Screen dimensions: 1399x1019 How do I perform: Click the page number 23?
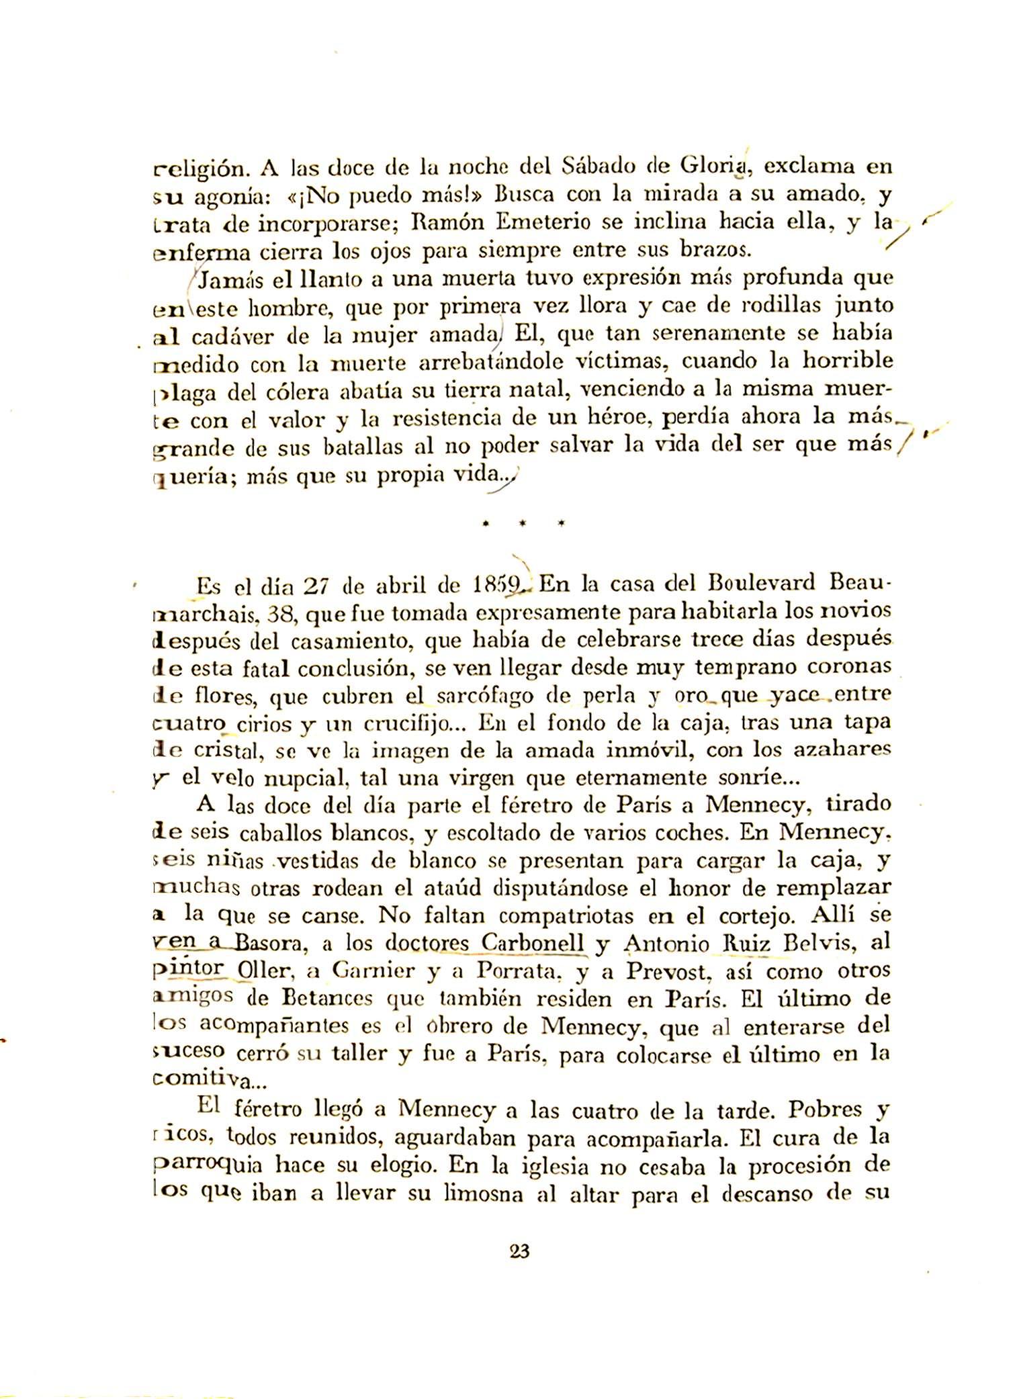pyautogui.click(x=520, y=1252)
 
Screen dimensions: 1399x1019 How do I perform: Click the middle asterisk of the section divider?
pyautogui.click(x=521, y=521)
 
